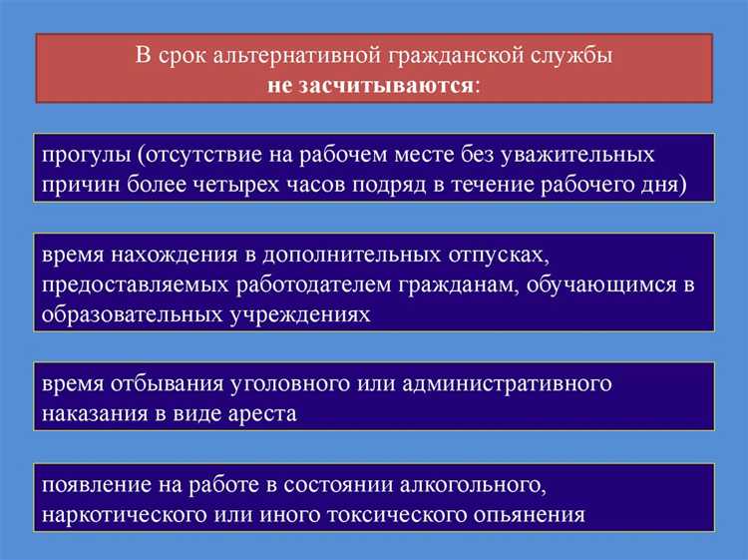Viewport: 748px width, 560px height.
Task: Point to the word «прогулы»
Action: click(86, 155)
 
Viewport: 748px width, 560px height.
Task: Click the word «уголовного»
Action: click(286, 384)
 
